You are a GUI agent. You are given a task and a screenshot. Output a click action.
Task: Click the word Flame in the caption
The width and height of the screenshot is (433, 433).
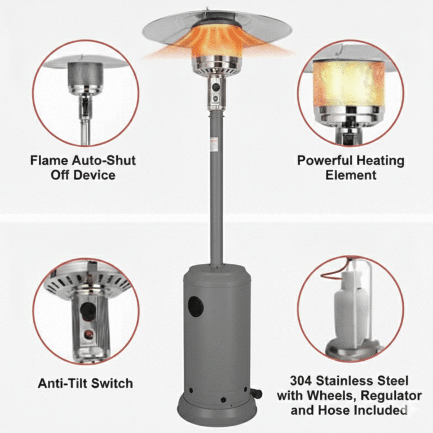tap(49, 161)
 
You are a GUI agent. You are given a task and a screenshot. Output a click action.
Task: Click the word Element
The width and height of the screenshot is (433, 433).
tap(351, 175)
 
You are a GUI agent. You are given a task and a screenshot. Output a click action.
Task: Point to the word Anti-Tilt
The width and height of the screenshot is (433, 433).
tap(63, 383)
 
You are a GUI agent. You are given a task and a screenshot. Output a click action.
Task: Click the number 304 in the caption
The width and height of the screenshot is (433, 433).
tap(301, 381)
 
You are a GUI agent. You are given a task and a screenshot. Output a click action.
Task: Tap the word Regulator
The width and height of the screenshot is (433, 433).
tap(391, 396)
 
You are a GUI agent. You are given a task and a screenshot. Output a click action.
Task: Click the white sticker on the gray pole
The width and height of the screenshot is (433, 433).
tap(214, 145)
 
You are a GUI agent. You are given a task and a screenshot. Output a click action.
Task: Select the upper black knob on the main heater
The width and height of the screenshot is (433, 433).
tap(216, 87)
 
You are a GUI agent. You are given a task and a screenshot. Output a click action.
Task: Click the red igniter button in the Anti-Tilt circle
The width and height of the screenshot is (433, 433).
tap(89, 335)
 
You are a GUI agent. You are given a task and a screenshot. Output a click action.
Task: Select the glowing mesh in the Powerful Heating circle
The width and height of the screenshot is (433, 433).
tap(348, 84)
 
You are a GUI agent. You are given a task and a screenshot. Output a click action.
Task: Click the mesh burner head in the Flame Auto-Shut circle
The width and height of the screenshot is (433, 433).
tap(85, 74)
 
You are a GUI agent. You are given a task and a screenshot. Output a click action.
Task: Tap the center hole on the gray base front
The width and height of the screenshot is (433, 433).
tap(223, 400)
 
